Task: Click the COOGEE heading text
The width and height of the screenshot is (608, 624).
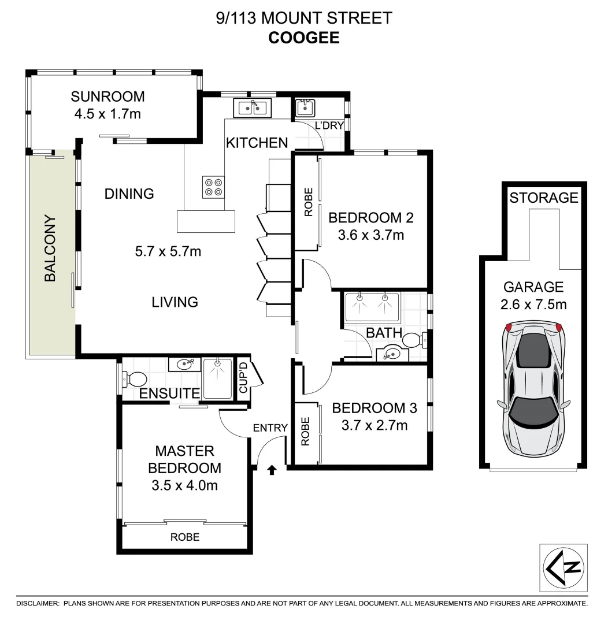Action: click(x=303, y=38)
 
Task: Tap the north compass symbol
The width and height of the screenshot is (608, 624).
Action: click(x=563, y=567)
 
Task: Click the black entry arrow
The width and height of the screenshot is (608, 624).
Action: click(x=272, y=470)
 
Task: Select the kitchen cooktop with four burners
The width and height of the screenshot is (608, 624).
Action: click(x=213, y=186)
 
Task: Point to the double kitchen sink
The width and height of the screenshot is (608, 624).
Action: click(x=253, y=107)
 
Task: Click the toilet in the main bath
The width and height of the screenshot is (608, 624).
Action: click(x=414, y=340)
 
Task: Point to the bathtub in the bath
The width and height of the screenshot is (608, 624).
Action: click(x=372, y=306)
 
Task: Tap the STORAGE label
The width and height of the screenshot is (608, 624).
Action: click(x=543, y=198)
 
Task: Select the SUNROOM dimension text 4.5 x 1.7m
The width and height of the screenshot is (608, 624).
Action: click(x=107, y=114)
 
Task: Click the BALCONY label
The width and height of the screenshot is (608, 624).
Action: click(x=50, y=248)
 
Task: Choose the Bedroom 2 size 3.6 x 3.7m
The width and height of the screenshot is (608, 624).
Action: click(x=371, y=235)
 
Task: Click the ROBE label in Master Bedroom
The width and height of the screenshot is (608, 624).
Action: click(x=185, y=537)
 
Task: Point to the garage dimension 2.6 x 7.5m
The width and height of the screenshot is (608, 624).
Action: click(x=533, y=304)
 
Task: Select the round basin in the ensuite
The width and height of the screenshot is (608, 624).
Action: click(x=185, y=364)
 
